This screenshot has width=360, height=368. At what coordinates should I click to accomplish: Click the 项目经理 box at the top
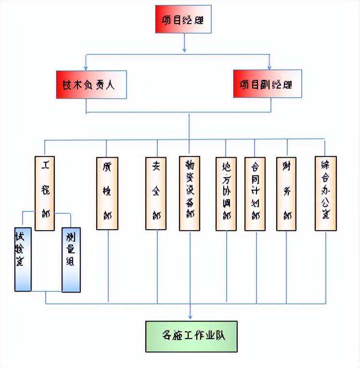pos(183,19)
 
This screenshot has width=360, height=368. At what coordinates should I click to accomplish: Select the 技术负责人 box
pos(91,84)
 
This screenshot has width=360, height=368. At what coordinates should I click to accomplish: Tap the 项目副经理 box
pos(267,84)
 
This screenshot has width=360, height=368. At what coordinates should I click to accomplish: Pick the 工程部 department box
pos(45,193)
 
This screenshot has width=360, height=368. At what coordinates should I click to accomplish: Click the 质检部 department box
pos(107,193)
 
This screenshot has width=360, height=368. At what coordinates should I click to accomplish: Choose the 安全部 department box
pos(155,193)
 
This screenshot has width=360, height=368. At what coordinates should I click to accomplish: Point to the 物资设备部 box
pos(189,193)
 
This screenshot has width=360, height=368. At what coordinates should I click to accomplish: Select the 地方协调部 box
pos(226,194)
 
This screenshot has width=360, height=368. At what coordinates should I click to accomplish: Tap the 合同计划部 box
pos(255,194)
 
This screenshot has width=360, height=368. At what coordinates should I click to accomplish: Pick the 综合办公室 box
pos(325,193)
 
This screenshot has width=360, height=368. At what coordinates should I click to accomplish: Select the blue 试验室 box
pos(23,259)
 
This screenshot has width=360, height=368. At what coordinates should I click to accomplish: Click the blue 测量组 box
pos(71,260)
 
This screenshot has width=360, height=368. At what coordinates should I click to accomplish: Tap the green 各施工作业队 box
pos(192,335)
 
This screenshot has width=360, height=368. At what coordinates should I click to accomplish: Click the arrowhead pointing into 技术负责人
pos(86,67)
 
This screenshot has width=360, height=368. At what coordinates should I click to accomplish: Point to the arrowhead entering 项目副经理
pos(270,66)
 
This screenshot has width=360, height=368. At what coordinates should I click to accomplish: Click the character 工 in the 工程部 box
pos(45,166)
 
